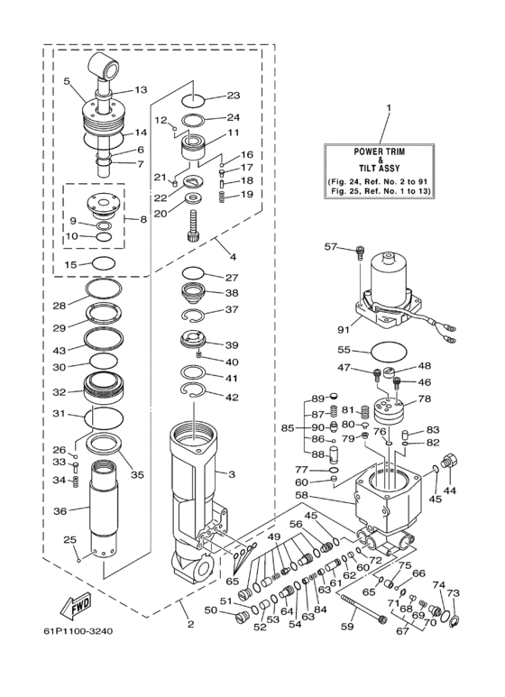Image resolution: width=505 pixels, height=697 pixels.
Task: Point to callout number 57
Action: pyautogui.click(x=330, y=245)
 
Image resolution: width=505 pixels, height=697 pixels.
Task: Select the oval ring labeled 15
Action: pyautogui.click(x=104, y=263)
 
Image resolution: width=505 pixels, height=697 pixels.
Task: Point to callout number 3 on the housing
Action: pyautogui.click(x=232, y=473)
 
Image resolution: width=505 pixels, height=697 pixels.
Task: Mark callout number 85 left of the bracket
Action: pyautogui.click(x=288, y=428)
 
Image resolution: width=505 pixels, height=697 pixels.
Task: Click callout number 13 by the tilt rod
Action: pyautogui.click(x=141, y=89)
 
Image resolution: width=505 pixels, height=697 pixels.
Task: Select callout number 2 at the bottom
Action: pyautogui.click(x=190, y=623)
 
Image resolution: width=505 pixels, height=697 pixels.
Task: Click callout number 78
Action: pyautogui.click(x=423, y=399)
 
